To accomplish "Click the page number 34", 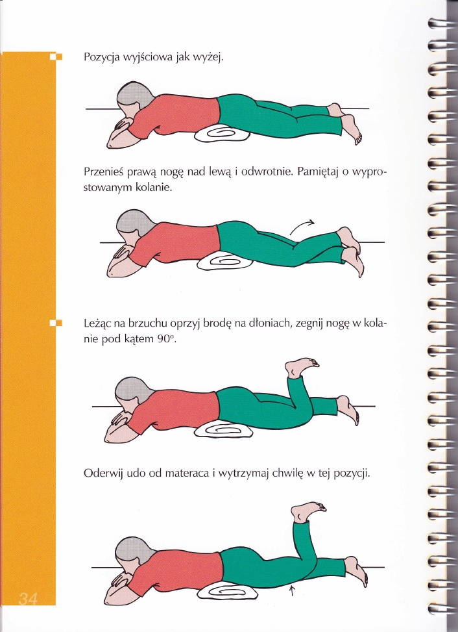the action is pos(28,599).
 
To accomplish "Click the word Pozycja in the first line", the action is pos(101,57).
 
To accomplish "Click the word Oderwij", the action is pos(102,474).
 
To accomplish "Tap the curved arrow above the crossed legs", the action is pos(302,227).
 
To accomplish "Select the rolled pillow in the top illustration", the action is pos(222,134).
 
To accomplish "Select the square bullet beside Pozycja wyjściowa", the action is pos(56,57).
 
